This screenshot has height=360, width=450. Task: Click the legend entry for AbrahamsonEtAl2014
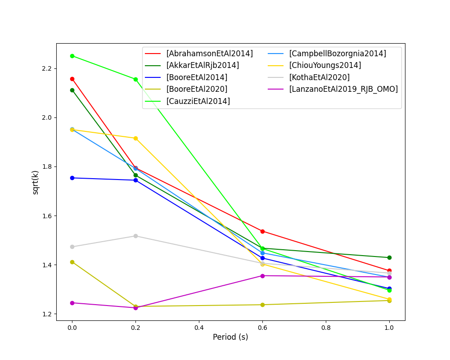(x=209, y=54)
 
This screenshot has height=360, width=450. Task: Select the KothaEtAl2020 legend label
(x=319, y=77)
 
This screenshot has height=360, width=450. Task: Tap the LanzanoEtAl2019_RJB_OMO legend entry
(x=343, y=89)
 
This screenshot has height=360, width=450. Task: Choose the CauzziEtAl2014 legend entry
(x=198, y=101)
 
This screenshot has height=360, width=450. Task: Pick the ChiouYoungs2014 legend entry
(x=325, y=65)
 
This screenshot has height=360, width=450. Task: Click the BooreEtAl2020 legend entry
(x=197, y=89)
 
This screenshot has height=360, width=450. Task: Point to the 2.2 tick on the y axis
(x=46, y=68)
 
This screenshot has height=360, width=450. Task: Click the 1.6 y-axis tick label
(x=46, y=216)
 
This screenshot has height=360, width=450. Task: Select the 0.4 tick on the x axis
(x=199, y=328)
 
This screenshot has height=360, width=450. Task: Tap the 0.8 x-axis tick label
(x=326, y=328)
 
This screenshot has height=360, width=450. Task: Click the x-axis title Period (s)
(x=230, y=337)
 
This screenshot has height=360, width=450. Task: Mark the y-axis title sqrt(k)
(x=36, y=182)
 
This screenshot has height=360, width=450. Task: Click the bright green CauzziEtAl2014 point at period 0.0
(x=72, y=56)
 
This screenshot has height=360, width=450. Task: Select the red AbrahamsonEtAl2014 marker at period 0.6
(x=262, y=231)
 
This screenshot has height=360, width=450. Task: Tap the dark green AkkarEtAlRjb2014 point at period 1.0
(x=389, y=257)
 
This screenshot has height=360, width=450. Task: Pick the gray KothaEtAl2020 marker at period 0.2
(x=135, y=236)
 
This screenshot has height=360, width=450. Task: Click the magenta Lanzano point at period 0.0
(x=72, y=303)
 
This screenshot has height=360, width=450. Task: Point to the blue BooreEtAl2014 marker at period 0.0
(x=72, y=178)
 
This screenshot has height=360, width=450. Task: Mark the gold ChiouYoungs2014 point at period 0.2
(x=135, y=138)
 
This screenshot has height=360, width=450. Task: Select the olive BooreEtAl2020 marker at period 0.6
(x=262, y=305)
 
